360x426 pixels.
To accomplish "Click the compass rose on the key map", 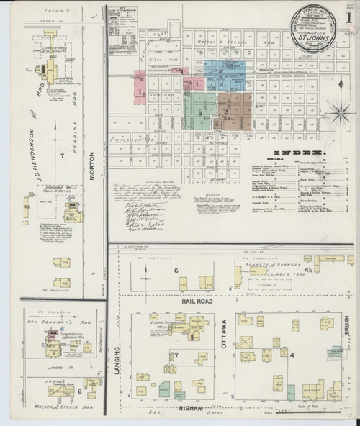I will tap(339, 112).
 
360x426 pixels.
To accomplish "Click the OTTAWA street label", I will tap(224, 333).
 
